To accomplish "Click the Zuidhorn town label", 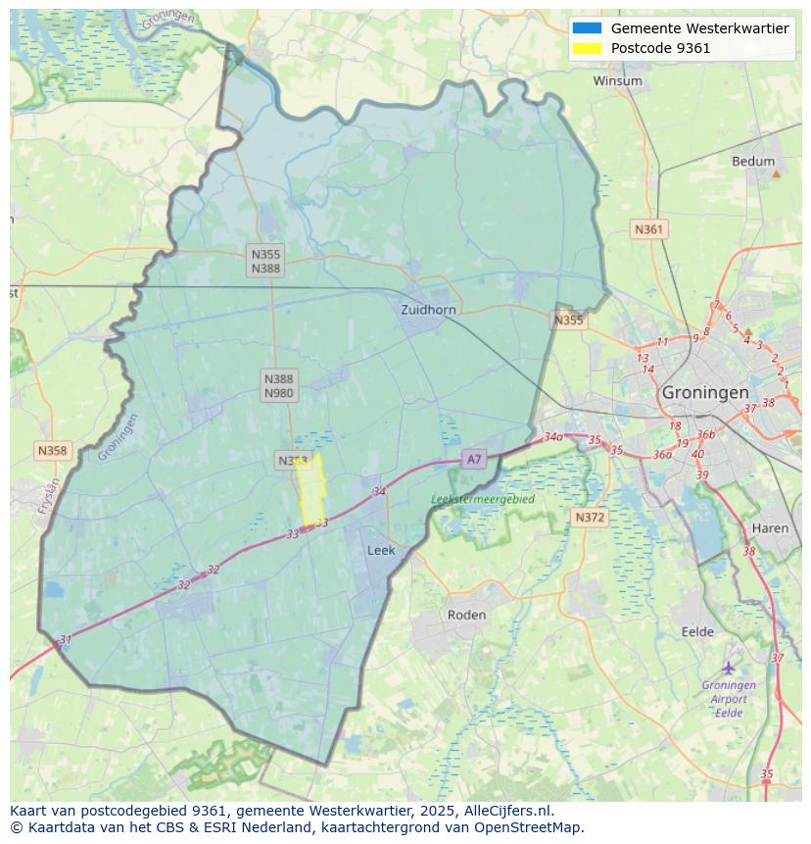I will click(428, 310).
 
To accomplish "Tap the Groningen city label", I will click(705, 392).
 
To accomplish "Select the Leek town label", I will click(381, 551).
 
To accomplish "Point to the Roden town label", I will click(466, 615).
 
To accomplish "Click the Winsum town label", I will click(617, 81).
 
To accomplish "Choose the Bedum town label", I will click(752, 162).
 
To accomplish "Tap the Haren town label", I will click(770, 528).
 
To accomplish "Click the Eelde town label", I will click(697, 632).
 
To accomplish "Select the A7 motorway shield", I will click(474, 459).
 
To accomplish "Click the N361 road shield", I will click(648, 229).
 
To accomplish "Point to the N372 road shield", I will click(590, 517).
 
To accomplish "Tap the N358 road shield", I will click(52, 451).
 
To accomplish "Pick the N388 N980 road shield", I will click(278, 385).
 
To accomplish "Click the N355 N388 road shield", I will click(265, 261).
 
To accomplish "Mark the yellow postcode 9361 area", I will click(310, 490).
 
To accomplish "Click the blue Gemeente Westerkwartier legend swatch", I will click(587, 28).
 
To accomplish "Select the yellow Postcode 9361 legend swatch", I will click(587, 48).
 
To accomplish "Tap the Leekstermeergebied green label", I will click(483, 499).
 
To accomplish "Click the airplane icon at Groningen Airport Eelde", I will click(729, 668).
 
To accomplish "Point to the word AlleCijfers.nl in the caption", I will click(508, 811).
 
